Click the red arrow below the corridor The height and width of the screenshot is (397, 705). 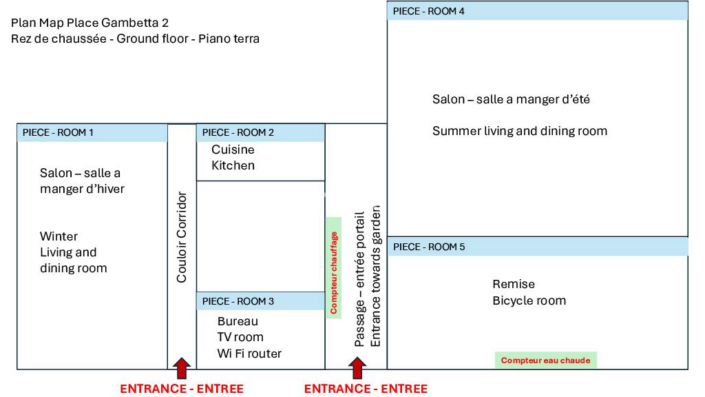(x=181, y=368)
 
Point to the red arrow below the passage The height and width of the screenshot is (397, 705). (x=357, y=368)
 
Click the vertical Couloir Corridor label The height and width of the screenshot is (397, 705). (x=182, y=237)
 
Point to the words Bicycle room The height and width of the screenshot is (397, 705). (x=529, y=301)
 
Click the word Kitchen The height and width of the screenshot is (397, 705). (x=233, y=165)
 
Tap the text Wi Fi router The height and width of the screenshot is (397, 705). (x=249, y=354)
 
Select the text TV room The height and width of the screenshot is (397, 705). (x=240, y=338)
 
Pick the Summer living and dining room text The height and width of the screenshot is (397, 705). (x=520, y=131)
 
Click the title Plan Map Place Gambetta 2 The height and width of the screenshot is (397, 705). (x=90, y=23)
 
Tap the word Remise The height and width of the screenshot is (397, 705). (x=514, y=284)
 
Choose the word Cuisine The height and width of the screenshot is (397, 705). (x=233, y=150)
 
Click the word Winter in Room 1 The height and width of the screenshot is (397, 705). (x=59, y=236)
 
